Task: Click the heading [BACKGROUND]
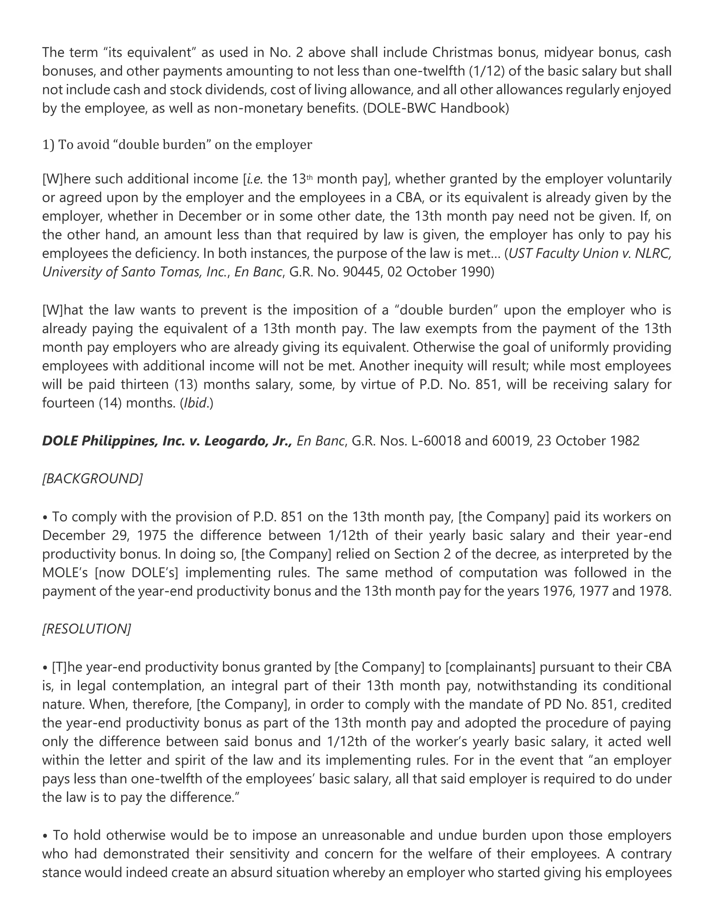(x=92, y=478)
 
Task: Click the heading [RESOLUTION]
(x=87, y=629)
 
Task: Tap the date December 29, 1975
(x=103, y=536)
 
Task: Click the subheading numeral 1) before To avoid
(x=48, y=145)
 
